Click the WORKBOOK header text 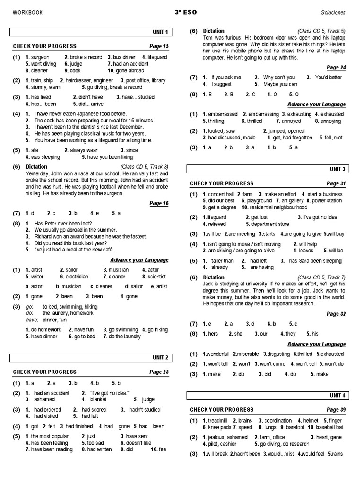coord(27,13)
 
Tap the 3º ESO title coord(181,12)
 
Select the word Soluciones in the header coord(333,13)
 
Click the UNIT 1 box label coord(160,32)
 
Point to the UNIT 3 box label coord(337,169)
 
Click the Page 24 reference coord(336,68)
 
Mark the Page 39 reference coord(336,409)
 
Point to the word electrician coord(76,277)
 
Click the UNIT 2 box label coord(160,358)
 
